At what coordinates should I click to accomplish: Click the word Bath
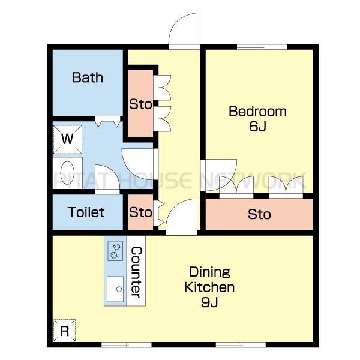[88, 77]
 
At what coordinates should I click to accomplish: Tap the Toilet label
[86, 212]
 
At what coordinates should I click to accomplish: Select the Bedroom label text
[257, 112]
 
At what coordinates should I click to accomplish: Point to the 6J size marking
[257, 126]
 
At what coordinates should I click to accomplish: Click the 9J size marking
[209, 302]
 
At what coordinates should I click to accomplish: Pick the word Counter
[136, 272]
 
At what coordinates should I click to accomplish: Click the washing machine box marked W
[68, 139]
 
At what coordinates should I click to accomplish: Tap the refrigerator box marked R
[65, 331]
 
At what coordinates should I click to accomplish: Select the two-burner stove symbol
[115, 251]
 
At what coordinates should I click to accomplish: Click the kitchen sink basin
[115, 289]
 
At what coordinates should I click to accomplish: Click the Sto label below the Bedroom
[259, 214]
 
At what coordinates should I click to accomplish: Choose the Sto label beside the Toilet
[140, 212]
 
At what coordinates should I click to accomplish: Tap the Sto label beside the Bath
[140, 104]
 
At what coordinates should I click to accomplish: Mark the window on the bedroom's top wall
[262, 47]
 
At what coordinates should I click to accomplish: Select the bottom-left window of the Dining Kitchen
[127, 344]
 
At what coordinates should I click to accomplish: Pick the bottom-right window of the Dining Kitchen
[241, 344]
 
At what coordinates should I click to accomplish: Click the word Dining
[209, 272]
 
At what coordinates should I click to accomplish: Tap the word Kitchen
[209, 287]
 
